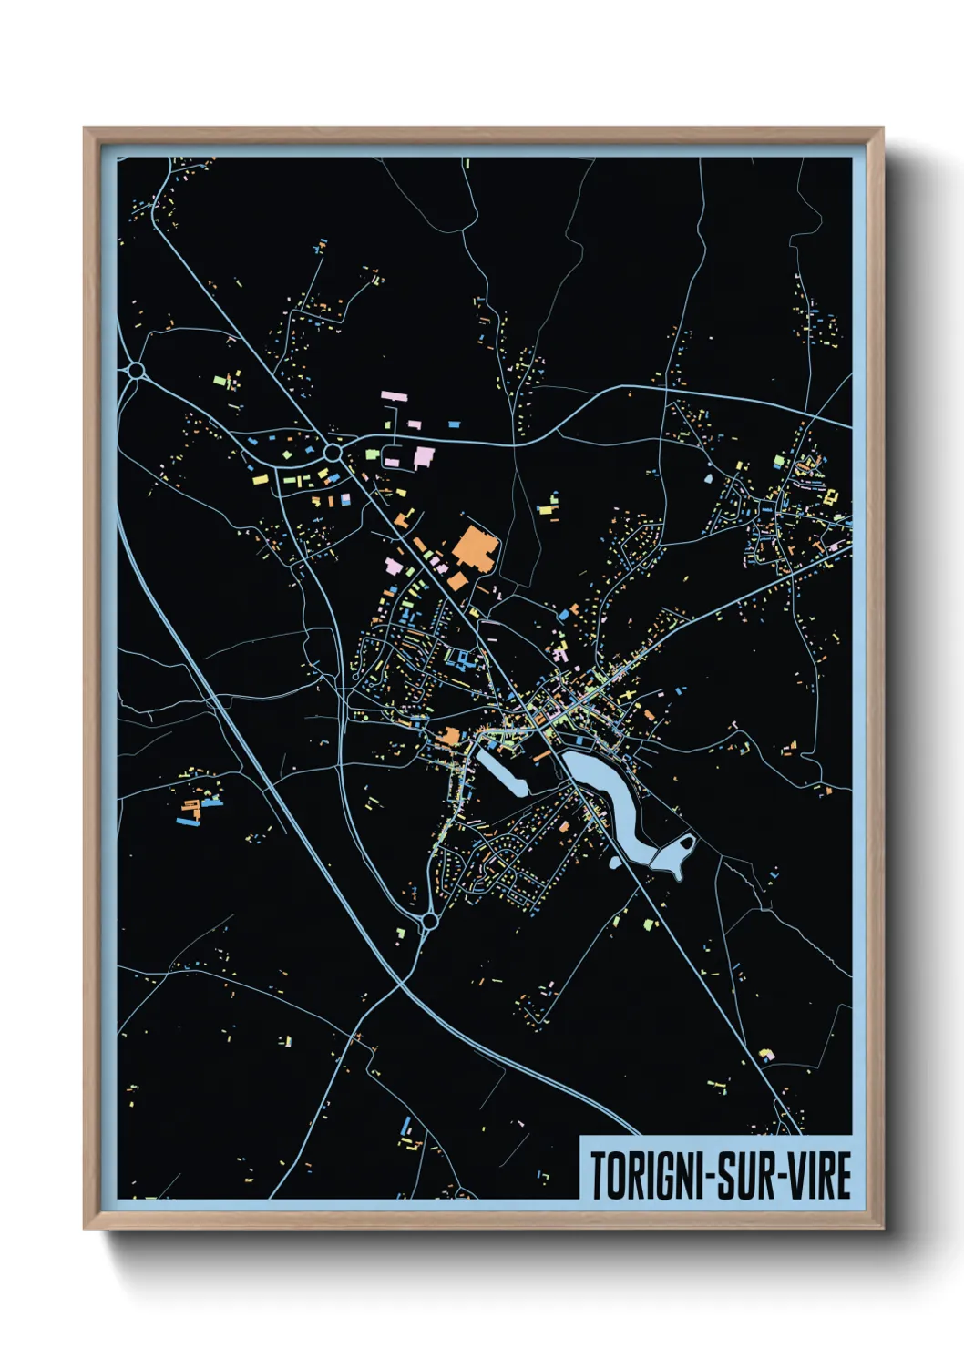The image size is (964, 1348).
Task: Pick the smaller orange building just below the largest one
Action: (456, 580)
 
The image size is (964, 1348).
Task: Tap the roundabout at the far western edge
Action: (137, 371)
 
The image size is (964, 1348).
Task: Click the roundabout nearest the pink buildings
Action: (333, 452)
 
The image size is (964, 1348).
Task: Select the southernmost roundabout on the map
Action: (429, 921)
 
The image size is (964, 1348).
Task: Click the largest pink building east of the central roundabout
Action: (424, 456)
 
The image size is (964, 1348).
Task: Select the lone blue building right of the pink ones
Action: (454, 424)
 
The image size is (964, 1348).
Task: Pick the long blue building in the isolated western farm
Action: (188, 822)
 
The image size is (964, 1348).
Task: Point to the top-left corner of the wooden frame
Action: (85, 128)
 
